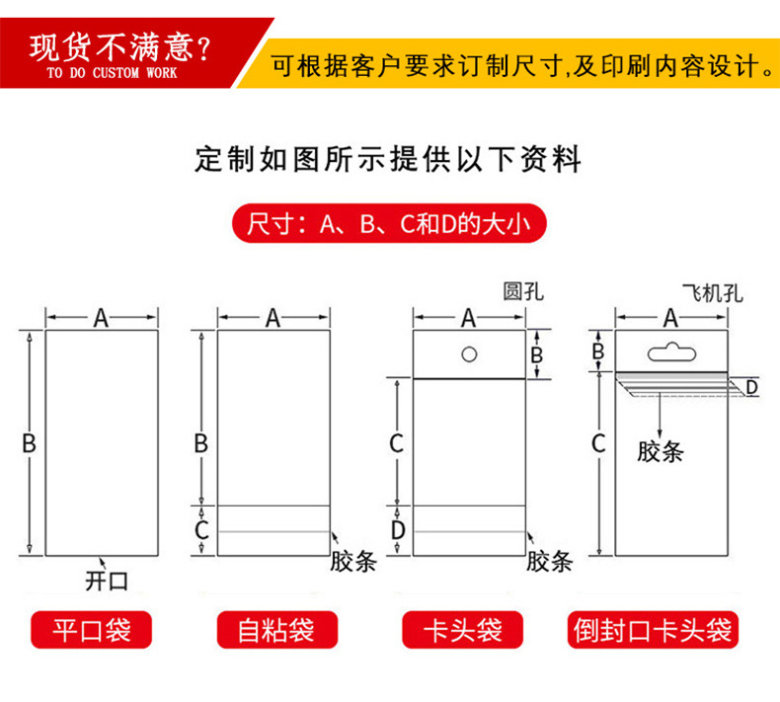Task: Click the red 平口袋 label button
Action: pos(92,630)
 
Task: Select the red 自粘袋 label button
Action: pos(276,630)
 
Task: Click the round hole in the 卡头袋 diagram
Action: pos(470,352)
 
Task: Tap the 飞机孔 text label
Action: pos(712,293)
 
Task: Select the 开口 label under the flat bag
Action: pos(107,581)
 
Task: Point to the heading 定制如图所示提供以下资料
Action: pos(389,159)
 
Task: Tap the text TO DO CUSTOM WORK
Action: pos(112,74)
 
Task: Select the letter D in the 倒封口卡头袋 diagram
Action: pos(751,387)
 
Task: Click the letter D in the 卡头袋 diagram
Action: pos(397,531)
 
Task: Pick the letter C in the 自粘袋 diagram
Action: pos(201,531)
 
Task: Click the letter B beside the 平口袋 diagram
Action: pos(29,443)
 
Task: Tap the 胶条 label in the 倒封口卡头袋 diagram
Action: pos(661,452)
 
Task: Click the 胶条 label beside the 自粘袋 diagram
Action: pos(352,562)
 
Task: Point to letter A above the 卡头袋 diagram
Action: pos(469,317)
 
